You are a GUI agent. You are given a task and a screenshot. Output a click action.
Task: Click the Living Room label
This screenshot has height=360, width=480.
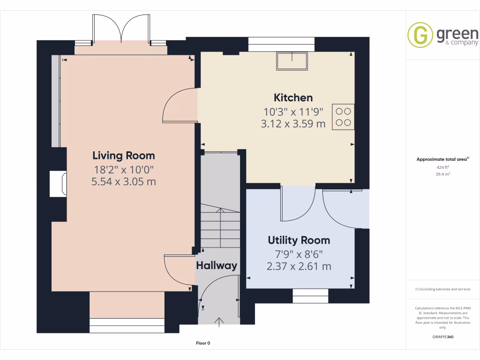[124, 156]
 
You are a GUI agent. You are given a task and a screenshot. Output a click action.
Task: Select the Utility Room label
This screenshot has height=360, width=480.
[299, 240]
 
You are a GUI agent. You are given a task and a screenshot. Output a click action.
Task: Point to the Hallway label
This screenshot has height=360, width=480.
[217, 266]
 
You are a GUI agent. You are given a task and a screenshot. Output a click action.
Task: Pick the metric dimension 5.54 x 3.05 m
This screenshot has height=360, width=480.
[124, 181]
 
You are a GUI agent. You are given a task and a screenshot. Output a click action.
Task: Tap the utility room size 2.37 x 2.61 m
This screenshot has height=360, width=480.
[299, 267]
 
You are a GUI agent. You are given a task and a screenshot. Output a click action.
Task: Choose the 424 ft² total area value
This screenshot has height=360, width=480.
[443, 167]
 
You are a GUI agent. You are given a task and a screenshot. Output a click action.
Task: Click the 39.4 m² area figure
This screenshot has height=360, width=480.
[443, 174]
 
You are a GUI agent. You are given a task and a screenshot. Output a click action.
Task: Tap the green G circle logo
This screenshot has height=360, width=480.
[420, 35]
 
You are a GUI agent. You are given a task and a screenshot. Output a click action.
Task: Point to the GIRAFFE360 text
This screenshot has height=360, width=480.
[443, 337]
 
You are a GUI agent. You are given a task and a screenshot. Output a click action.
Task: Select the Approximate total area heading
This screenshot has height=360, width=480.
[442, 159]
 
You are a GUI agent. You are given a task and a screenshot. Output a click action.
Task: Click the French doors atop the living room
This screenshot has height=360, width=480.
[121, 29]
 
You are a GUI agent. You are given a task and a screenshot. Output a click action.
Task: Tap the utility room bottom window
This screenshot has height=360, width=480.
[310, 292]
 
